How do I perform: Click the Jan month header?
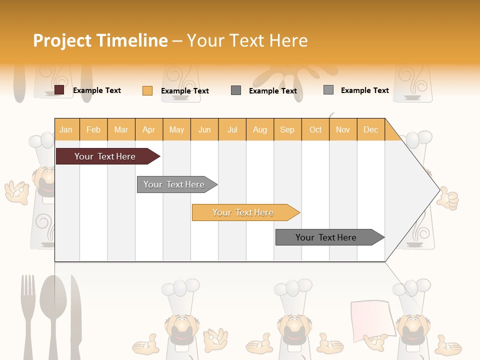click(x=66, y=129)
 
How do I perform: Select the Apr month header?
click(x=148, y=129)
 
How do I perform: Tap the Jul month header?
click(x=232, y=129)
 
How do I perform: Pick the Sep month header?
click(x=287, y=129)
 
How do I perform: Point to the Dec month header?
click(x=370, y=129)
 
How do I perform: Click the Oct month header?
click(x=315, y=129)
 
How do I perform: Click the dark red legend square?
click(x=59, y=90)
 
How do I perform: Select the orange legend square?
click(x=147, y=90)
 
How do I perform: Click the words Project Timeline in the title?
click(x=100, y=40)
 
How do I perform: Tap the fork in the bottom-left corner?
click(x=27, y=315)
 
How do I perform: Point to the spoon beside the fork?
click(x=50, y=315)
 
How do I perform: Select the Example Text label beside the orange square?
click(x=184, y=90)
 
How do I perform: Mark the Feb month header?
click(x=93, y=129)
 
